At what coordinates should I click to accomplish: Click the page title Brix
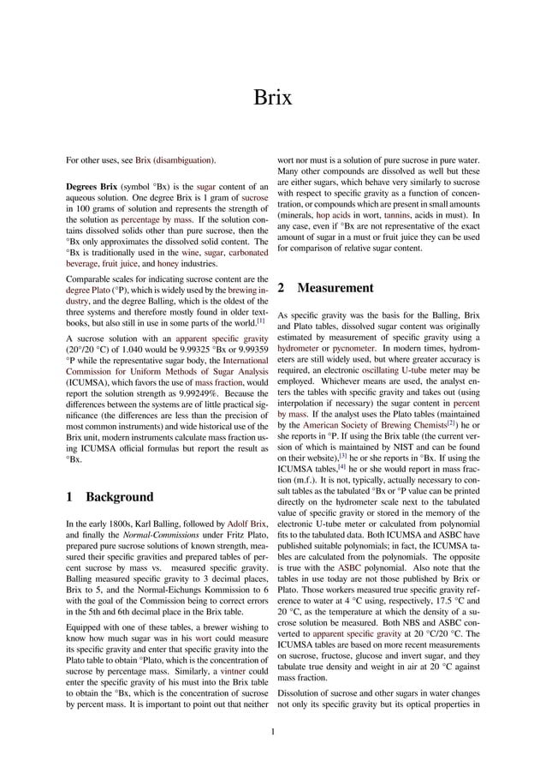coord(272,98)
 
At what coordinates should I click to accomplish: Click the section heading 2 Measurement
coord(326,288)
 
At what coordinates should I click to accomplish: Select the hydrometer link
coord(306,351)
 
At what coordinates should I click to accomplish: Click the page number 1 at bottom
coord(272,731)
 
